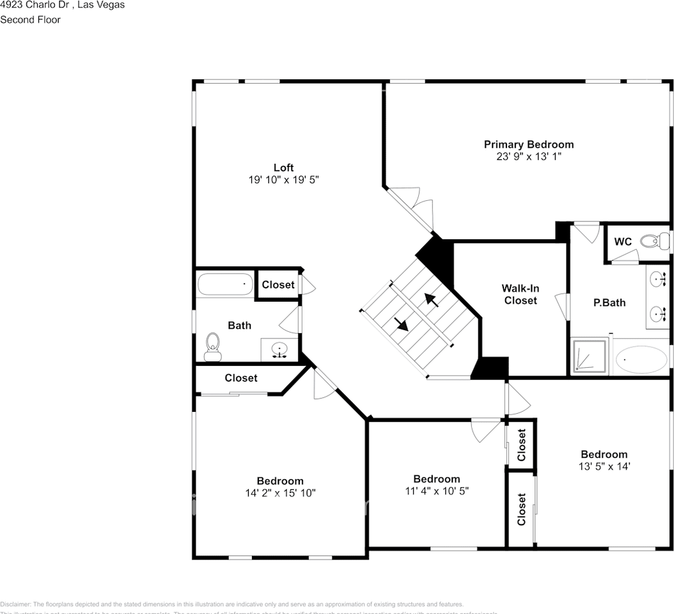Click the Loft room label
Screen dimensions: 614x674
(x=283, y=168)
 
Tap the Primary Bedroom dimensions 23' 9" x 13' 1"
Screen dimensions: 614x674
(x=528, y=156)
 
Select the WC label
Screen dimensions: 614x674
(x=623, y=242)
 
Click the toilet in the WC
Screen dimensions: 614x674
(x=651, y=242)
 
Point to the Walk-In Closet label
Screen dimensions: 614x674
(x=520, y=294)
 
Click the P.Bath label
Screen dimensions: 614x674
(x=609, y=303)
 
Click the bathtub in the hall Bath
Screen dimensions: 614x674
(x=225, y=284)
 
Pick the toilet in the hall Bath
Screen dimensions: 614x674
(x=212, y=347)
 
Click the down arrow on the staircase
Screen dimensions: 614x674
(x=401, y=324)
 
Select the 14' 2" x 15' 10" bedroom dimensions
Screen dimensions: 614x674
(x=280, y=493)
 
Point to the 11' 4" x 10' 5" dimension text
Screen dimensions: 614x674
(x=436, y=491)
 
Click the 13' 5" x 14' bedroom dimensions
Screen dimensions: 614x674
(x=604, y=466)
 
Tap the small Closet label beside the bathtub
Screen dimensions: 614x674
(x=278, y=285)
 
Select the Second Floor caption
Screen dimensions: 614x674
(x=30, y=20)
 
